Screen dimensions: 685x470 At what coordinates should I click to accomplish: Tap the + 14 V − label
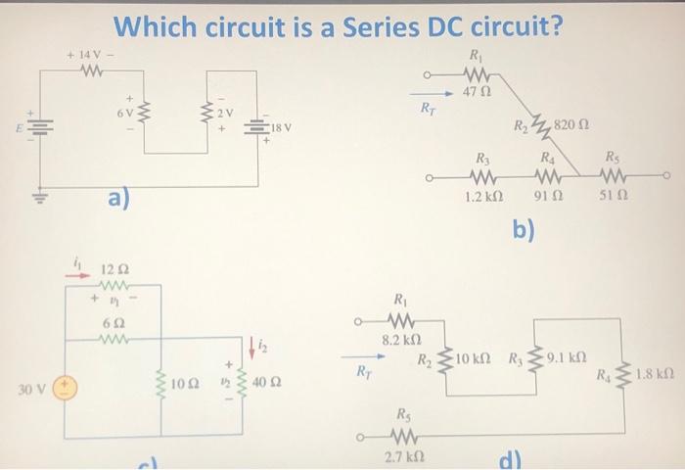click(x=91, y=50)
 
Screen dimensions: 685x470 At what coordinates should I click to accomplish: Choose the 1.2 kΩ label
click(x=479, y=198)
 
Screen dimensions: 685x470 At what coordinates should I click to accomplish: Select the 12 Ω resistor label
click(x=116, y=268)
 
